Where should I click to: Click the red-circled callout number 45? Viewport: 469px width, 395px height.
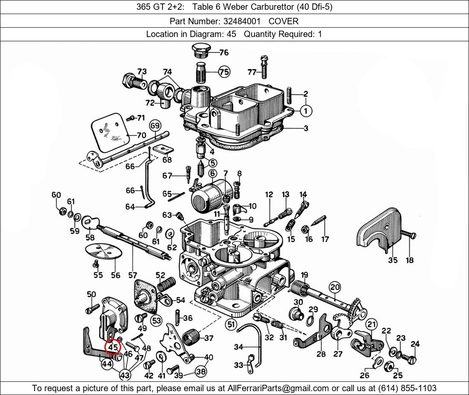click(113, 347)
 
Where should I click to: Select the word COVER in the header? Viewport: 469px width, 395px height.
click(283, 21)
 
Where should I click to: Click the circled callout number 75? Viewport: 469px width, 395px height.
click(224, 72)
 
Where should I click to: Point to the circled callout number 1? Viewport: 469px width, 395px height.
click(306, 111)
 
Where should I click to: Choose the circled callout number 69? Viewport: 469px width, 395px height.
click(155, 126)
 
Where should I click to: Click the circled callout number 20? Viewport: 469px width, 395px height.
click(335, 287)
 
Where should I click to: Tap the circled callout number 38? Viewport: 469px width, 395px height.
click(201, 372)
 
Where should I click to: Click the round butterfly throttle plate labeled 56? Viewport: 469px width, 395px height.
click(104, 251)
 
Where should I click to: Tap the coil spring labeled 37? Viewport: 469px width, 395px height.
click(191, 338)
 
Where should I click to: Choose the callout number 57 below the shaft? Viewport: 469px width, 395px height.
click(133, 275)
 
